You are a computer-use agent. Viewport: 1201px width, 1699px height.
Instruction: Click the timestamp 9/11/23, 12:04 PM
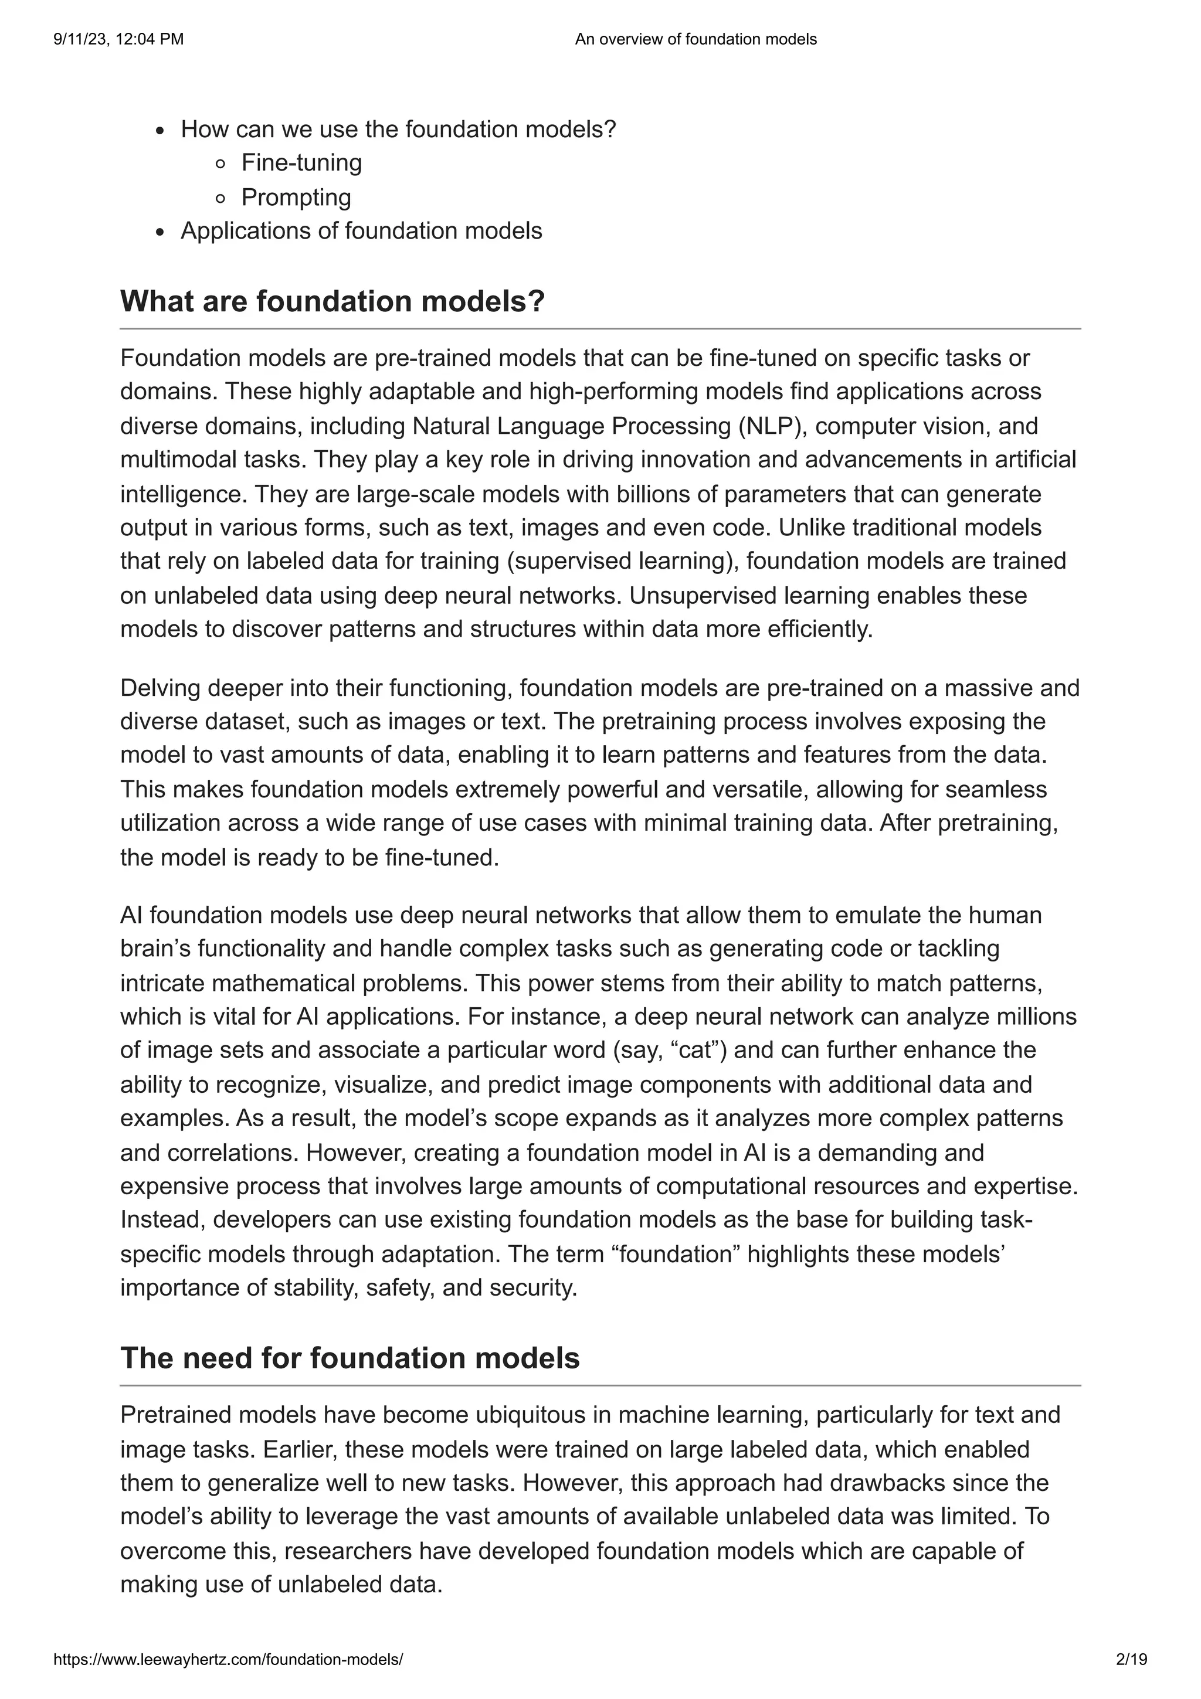tap(118, 39)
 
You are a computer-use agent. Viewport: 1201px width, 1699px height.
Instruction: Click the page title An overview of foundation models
tap(696, 39)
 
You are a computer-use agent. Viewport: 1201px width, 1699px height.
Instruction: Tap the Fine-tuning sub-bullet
tap(301, 163)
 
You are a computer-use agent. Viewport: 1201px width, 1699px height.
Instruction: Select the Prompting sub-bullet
tap(296, 197)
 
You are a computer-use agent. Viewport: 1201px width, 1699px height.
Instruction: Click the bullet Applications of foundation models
tap(361, 231)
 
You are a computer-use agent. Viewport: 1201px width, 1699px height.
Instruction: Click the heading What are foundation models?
tap(333, 301)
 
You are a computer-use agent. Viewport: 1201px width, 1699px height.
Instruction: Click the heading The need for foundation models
tap(350, 1358)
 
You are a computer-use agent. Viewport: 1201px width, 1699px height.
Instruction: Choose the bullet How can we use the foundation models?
tap(398, 130)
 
